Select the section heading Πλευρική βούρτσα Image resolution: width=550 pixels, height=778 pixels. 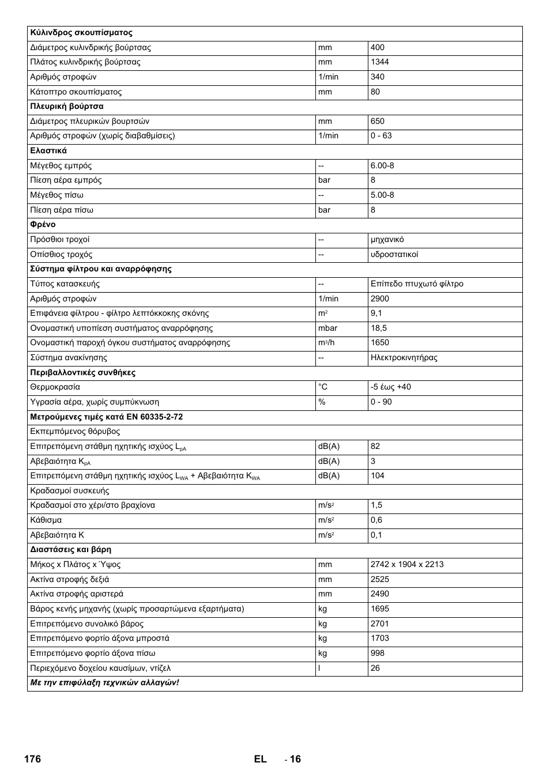(67, 107)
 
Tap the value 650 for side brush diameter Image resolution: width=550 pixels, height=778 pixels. (377, 122)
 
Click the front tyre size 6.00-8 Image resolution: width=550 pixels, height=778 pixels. (382, 166)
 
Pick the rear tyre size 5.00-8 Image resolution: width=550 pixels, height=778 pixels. (382, 195)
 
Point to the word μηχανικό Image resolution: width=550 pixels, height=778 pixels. (387, 240)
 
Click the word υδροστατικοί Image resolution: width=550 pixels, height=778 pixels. (394, 255)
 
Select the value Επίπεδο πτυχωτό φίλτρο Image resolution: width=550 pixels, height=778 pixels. (417, 284)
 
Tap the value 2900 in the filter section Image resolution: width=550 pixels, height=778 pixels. (379, 299)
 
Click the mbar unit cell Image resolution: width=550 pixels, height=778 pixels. (327, 328)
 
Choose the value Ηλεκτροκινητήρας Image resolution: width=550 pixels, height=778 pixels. (404, 358)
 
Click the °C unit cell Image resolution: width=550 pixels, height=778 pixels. (323, 387)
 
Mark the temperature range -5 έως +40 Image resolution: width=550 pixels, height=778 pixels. (390, 387)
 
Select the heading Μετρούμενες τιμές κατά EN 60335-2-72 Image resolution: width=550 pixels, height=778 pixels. (106, 417)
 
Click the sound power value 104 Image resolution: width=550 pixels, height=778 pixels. (377, 476)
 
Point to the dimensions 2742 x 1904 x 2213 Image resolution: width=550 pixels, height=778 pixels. (407, 565)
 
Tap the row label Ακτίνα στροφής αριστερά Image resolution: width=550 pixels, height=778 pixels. (77, 594)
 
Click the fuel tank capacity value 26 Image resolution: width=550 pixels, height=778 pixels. (375, 669)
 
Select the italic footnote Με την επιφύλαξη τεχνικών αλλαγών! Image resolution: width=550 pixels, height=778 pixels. (104, 683)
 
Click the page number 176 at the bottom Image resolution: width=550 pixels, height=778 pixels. (32, 759)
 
